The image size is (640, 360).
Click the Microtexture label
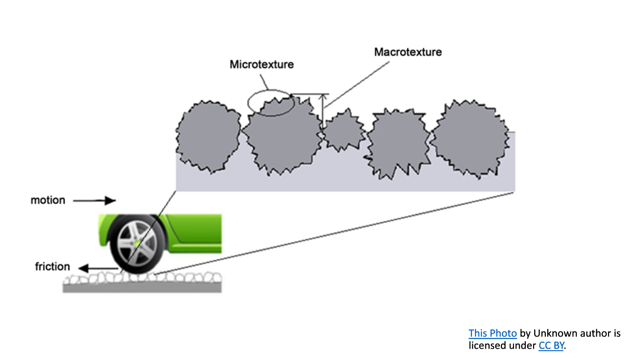tap(261, 64)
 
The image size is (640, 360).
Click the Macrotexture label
tap(408, 52)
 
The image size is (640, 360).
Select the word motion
tap(48, 200)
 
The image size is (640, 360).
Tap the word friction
tap(52, 267)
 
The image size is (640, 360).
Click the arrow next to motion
tap(95, 201)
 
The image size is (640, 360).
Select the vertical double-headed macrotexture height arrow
tap(322, 110)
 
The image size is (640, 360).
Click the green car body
tap(197, 234)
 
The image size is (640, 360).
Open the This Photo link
tap(492, 333)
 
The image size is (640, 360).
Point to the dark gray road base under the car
tap(141, 289)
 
